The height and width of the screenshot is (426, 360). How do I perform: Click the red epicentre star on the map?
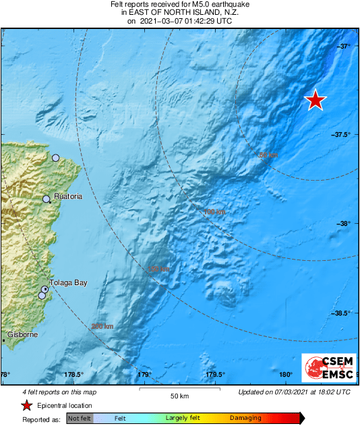click(315, 100)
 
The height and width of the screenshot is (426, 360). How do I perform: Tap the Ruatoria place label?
click(67, 196)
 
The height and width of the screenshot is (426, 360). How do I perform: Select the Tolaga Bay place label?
click(69, 283)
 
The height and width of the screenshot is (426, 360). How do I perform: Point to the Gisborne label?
click(22, 335)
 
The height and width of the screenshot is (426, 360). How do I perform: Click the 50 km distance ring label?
click(268, 155)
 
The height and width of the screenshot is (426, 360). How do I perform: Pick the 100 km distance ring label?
click(214, 212)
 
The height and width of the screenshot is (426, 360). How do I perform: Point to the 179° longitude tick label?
click(144, 375)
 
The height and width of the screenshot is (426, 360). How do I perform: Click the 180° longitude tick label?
click(285, 375)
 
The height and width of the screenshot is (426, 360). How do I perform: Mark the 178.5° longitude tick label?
click(73, 375)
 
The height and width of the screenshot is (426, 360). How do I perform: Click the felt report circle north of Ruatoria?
click(56, 158)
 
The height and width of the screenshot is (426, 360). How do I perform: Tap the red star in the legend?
click(26, 405)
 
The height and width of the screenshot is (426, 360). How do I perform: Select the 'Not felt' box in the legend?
click(80, 419)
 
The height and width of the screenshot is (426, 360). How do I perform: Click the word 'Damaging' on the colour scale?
click(245, 419)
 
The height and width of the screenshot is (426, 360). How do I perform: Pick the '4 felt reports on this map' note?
click(51, 392)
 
